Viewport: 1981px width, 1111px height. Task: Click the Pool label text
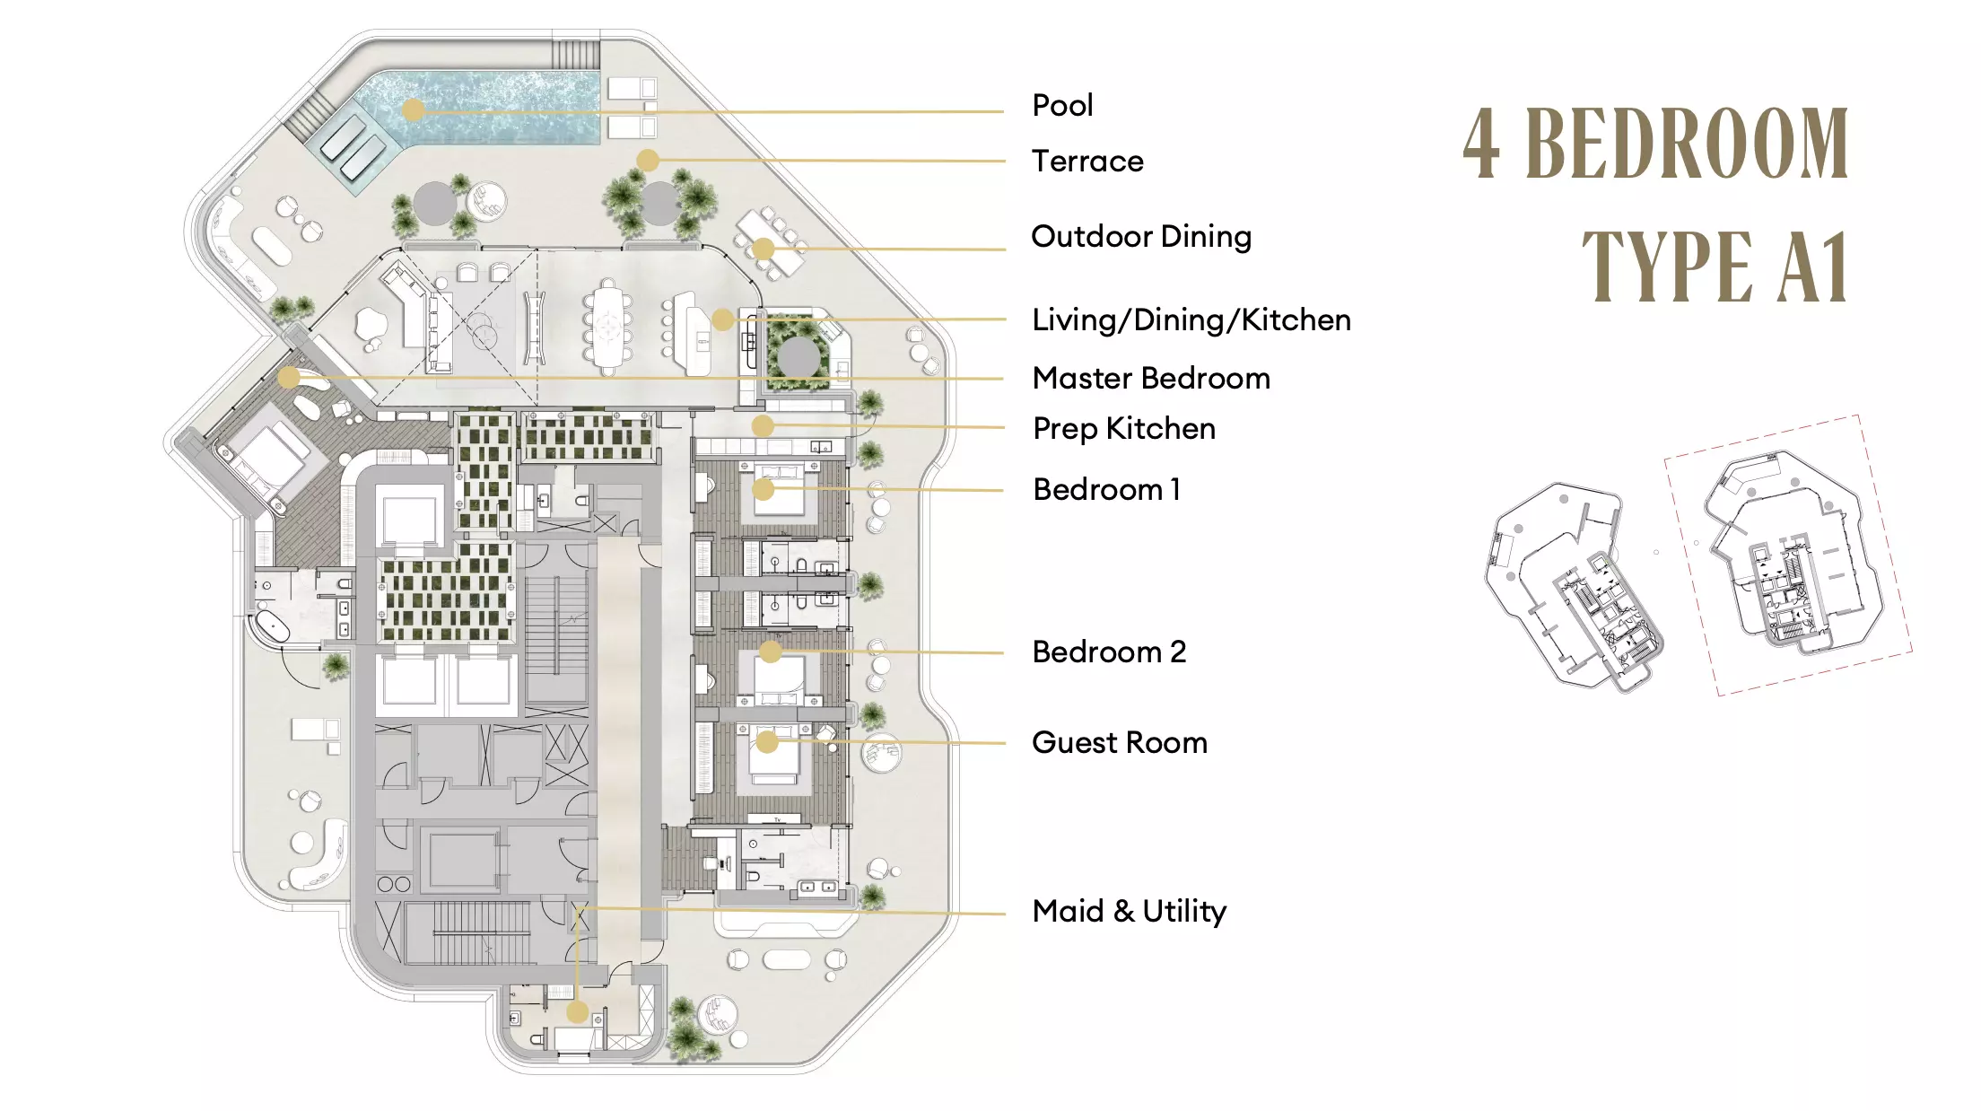1062,106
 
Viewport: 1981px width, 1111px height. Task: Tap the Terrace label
1087,162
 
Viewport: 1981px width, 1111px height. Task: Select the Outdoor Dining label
1141,237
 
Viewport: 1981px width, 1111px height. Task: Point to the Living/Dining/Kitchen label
1191,320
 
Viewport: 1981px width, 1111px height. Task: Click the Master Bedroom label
1151,379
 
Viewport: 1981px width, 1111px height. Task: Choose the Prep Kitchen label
1124,429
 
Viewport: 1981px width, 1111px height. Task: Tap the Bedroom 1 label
1106,490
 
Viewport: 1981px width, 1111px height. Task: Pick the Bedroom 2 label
1109,652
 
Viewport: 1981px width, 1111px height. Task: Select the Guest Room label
1120,743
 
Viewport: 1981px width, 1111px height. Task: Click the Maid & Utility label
1130,912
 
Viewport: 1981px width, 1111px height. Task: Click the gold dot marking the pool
413,110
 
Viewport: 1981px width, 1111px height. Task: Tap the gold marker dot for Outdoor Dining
763,249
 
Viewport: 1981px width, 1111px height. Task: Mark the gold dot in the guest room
766,741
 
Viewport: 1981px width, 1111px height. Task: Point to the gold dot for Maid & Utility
577,1012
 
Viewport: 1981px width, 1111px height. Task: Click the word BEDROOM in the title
1687,144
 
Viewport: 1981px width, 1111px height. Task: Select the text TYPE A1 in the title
1715,266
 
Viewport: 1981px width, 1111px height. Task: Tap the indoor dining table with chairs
607,327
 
